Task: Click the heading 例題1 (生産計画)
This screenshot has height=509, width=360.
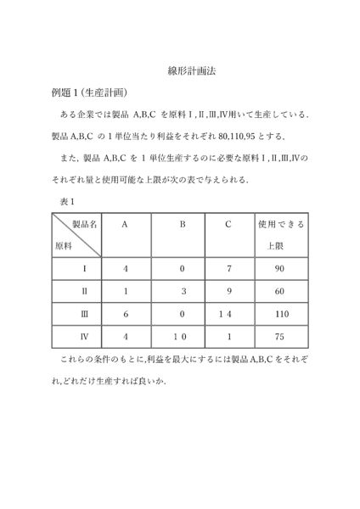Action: click(x=89, y=93)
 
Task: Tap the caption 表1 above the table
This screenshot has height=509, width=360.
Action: click(x=67, y=201)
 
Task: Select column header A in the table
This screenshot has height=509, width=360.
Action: click(x=125, y=225)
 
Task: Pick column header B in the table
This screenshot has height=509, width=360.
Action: click(x=182, y=225)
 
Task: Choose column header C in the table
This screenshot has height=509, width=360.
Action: click(x=228, y=225)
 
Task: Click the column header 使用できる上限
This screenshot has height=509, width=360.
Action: click(x=281, y=234)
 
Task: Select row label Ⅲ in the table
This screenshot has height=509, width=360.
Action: click(x=83, y=313)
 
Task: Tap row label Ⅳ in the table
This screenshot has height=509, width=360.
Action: click(x=83, y=336)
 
